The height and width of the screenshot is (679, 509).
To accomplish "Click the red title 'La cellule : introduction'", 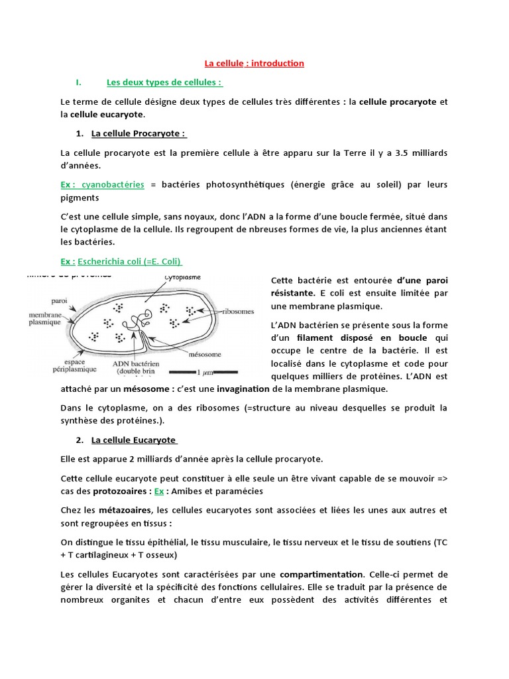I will coord(254,64).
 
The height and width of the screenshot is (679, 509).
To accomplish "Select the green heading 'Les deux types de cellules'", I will coord(164,83).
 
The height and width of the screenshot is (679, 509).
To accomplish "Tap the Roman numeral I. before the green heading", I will coord(78,83).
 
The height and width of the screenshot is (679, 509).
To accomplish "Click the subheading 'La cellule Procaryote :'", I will coord(139,133).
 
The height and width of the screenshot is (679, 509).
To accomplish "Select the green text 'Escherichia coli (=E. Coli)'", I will coord(129,261).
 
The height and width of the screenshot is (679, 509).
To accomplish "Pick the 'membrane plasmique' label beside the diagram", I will coord(45,319).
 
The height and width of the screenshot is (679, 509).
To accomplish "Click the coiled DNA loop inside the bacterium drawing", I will coord(138,321).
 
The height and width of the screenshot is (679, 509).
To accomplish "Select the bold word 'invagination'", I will coord(243,389).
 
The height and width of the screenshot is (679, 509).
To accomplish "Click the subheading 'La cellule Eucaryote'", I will coord(133,440).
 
